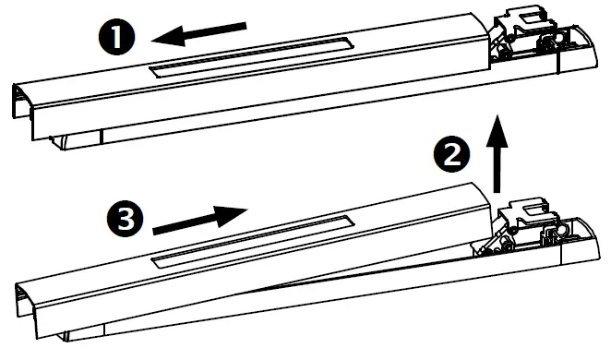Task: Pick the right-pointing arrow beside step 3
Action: (x=198, y=221)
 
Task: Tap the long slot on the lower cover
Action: (x=253, y=239)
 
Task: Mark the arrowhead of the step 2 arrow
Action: (x=498, y=122)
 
